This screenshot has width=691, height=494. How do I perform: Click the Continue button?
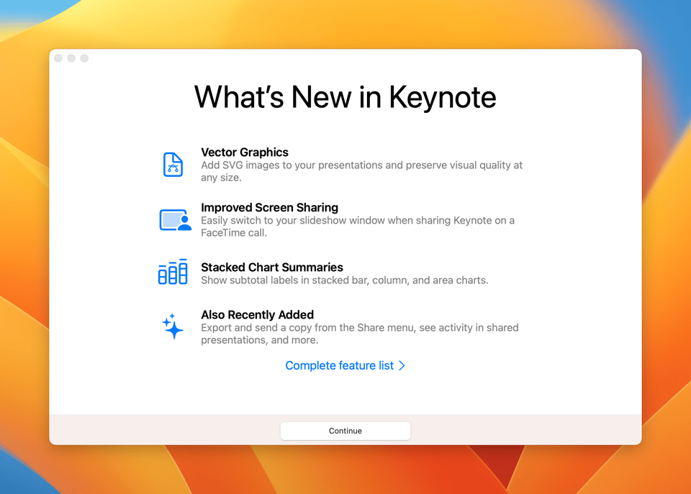tap(345, 431)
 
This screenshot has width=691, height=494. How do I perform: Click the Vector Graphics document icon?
tap(173, 165)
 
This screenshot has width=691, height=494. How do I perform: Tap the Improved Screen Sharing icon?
tap(176, 220)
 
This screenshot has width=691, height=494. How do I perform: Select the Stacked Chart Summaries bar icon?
tap(173, 272)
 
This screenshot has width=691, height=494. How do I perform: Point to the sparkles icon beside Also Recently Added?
tap(172, 326)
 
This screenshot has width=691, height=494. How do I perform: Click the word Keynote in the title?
tap(443, 98)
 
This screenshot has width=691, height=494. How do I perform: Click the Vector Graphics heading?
tap(245, 152)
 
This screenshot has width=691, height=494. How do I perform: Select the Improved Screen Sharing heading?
tap(270, 207)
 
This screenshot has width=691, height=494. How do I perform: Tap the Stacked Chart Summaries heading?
tap(272, 267)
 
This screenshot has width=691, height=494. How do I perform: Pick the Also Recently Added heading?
tap(258, 315)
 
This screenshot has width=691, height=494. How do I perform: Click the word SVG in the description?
tap(232, 165)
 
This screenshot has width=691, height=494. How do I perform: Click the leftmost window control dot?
tap(58, 58)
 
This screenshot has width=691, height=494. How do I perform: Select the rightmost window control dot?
tap(84, 58)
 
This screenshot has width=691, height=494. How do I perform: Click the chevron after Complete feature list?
tap(402, 365)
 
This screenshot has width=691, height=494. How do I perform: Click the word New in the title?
tap(321, 98)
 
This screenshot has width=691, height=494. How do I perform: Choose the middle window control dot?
tap(71, 58)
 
